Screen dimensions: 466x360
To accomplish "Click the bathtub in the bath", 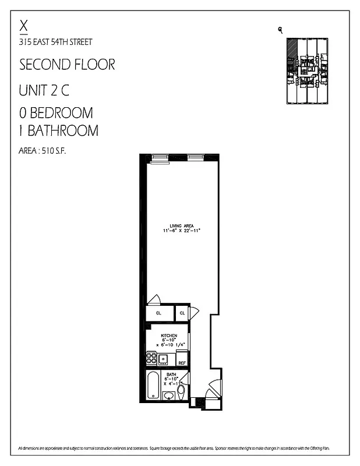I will click(152, 385).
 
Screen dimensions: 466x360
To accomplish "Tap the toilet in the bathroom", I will click(181, 389).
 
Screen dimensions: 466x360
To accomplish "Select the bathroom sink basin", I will click(168, 396).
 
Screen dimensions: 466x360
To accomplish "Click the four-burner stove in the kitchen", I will click(151, 359).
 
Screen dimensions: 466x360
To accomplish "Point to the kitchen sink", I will click(164, 359).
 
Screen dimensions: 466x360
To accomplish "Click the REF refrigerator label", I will click(182, 363).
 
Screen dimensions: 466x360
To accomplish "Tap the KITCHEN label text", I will click(168, 336).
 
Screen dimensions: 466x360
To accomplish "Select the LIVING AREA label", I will click(181, 225).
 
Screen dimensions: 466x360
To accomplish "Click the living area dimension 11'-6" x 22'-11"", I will click(181, 231).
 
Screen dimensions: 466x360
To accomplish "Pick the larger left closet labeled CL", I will click(158, 313).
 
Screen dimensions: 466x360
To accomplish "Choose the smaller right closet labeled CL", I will click(182, 313).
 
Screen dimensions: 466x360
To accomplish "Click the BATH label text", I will click(171, 374).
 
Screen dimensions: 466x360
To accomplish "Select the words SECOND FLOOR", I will click(67, 64).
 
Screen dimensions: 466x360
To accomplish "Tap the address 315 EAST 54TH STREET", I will click(55, 41).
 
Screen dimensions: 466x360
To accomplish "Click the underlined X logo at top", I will click(24, 26).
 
